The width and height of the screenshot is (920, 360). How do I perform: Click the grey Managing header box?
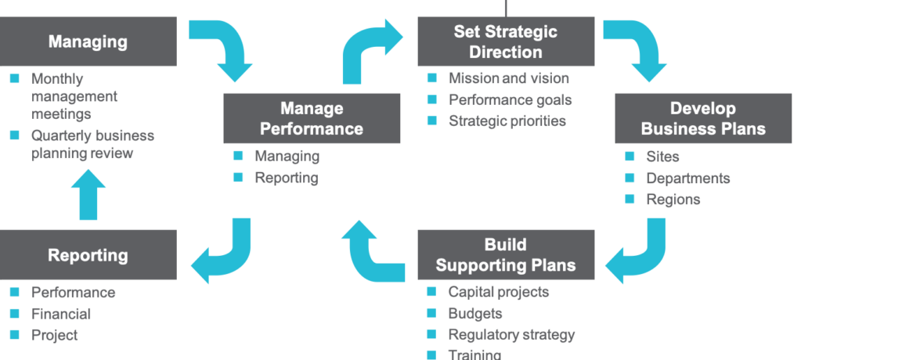(x=88, y=41)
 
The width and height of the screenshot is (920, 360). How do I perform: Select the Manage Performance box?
(x=312, y=118)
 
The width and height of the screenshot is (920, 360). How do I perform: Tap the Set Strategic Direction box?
(x=506, y=42)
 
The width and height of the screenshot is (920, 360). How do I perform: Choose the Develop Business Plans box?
(x=703, y=118)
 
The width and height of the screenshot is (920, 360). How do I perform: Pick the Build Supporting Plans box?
(x=506, y=254)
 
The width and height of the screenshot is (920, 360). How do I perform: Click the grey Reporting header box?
(x=88, y=254)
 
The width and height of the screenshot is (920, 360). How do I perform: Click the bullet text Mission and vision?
(x=508, y=78)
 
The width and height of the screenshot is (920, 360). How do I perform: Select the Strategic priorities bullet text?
(x=507, y=121)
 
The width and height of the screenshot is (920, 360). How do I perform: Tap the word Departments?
(x=687, y=178)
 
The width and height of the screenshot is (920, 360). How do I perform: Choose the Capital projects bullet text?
(x=498, y=292)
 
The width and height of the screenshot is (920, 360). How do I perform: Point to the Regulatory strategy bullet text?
(x=511, y=334)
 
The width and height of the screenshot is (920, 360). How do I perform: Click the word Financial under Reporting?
(x=61, y=314)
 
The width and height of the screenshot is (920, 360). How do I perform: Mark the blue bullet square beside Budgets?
(x=431, y=314)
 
